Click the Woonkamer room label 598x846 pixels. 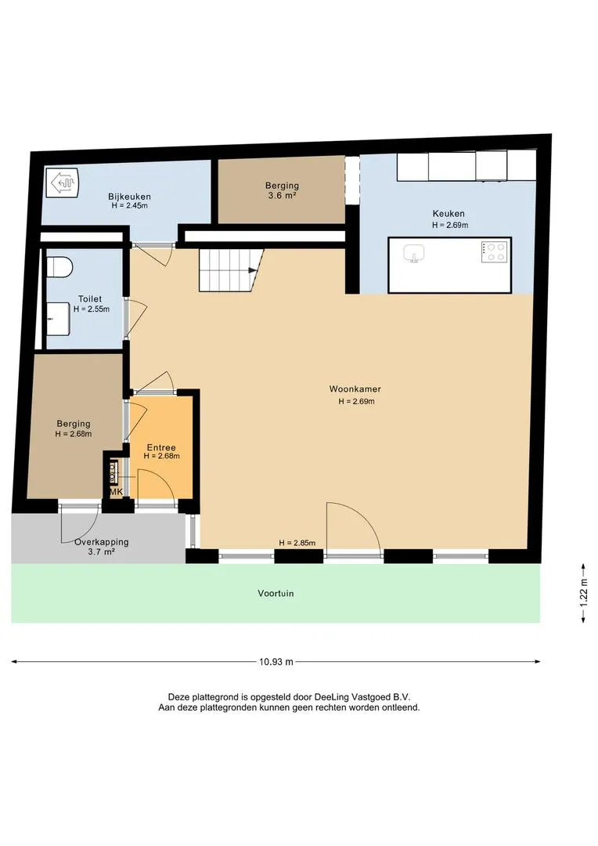click(355, 389)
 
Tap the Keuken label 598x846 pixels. click(448, 214)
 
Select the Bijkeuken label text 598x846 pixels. click(129, 197)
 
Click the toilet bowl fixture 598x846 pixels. click(59, 268)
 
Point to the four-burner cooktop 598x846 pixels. click(495, 251)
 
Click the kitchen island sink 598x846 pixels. click(414, 252)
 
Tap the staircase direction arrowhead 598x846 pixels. click(252, 270)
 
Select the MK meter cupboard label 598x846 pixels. click(116, 492)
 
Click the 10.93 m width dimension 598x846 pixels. click(276, 662)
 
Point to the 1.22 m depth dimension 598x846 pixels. click(583, 594)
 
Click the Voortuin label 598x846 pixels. click(276, 594)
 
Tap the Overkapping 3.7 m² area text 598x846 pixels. click(102, 547)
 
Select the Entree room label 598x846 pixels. click(161, 447)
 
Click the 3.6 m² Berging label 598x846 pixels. click(282, 190)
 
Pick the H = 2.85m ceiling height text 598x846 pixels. click(297, 543)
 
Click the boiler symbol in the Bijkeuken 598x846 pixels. click(62, 183)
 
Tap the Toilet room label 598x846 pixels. click(90, 299)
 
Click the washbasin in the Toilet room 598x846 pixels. click(58, 318)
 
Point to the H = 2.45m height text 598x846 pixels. click(129, 205)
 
